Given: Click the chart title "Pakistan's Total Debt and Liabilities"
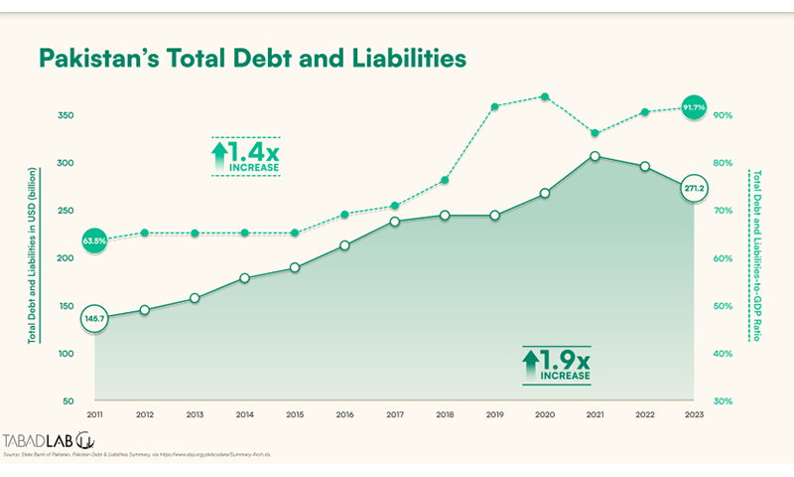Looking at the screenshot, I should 251,59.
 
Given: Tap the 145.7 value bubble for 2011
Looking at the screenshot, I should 94,317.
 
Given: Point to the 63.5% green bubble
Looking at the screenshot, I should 94,239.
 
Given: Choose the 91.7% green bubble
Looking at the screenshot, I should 694,106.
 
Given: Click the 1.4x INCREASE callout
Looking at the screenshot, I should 245,157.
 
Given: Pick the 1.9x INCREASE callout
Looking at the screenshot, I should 556,365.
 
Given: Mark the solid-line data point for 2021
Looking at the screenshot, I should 595,156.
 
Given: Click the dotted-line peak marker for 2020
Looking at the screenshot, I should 544,96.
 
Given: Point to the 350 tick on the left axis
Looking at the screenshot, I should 66,115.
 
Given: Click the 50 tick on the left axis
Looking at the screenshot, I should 68,401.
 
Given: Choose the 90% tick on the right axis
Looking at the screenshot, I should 723,115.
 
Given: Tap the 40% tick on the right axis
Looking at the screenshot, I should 723,354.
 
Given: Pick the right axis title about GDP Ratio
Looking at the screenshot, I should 756,257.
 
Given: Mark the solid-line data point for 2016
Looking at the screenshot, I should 344,245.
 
